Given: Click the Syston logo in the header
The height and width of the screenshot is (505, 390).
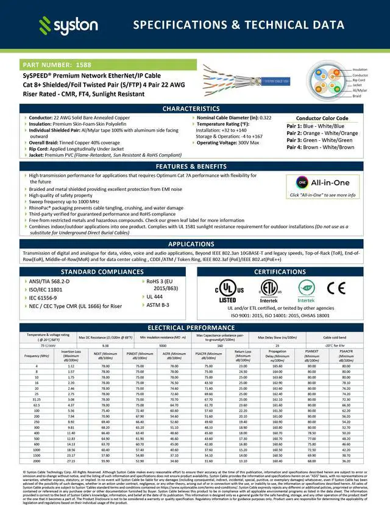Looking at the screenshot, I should [68, 25].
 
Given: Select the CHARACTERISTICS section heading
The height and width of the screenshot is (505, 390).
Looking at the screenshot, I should [195, 109].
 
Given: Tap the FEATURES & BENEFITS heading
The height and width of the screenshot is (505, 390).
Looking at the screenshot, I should [195, 167].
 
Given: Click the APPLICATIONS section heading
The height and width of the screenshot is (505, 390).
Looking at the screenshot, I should [195, 244].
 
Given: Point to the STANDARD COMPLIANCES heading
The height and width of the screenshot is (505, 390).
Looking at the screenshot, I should [102, 271].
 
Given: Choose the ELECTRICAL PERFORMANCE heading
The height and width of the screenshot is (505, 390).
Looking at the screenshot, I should [195, 328].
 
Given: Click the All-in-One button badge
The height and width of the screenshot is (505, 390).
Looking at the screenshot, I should [322, 182].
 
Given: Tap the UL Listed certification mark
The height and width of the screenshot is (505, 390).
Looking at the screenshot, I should [227, 290].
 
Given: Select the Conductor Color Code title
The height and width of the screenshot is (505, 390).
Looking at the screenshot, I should [322, 118].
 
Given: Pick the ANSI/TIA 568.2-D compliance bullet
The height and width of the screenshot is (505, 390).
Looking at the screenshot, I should [49, 281].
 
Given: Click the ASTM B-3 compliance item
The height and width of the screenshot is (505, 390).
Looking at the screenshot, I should [157, 304].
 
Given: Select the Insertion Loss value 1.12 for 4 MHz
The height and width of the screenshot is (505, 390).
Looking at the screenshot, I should [71, 366].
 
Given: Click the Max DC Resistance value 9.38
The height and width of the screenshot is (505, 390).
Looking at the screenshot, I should [105, 345].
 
